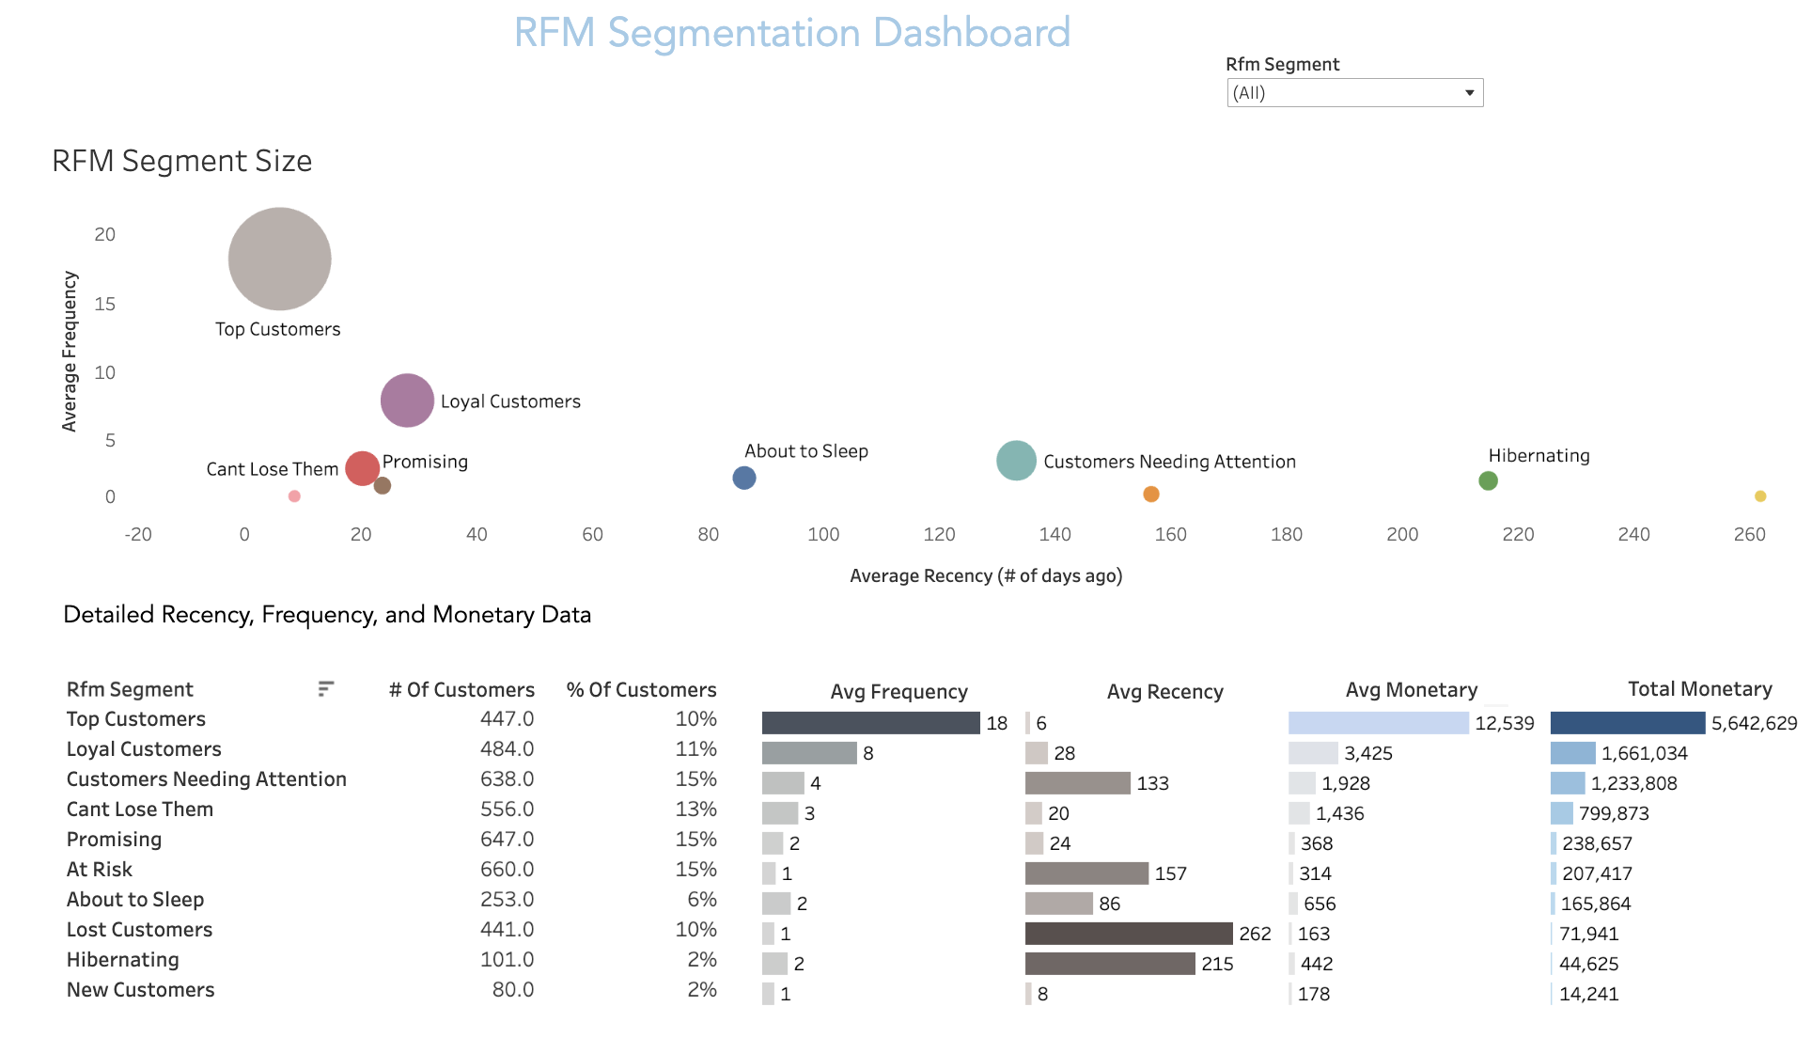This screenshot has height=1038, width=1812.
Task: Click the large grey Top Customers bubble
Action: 280,259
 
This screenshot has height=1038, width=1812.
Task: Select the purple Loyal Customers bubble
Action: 407,401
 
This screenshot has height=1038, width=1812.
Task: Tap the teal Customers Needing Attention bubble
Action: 1016,461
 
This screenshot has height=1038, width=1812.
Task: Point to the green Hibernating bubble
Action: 1488,481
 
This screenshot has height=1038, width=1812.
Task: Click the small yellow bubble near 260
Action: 1760,496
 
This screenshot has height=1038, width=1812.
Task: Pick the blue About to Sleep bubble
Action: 744,479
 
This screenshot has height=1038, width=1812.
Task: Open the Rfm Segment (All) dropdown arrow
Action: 1469,93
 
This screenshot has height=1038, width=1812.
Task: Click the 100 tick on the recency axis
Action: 823,534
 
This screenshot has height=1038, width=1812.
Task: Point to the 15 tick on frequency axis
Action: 105,304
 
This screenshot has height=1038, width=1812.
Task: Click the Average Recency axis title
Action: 986,575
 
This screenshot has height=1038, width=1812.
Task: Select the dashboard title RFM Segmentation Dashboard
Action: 791,33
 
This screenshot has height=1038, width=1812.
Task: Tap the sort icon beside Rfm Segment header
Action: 325,689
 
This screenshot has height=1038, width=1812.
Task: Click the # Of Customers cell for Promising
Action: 507,839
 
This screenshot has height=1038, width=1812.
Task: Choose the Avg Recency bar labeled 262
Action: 1128,934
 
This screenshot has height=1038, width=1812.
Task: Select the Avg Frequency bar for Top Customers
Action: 870,723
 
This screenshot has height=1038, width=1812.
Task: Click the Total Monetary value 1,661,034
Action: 1644,753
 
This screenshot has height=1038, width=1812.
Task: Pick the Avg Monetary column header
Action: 1411,690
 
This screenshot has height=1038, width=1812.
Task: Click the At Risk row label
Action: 100,870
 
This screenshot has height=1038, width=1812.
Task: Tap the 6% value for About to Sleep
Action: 701,900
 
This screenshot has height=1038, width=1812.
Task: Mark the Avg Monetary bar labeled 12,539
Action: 1378,723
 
